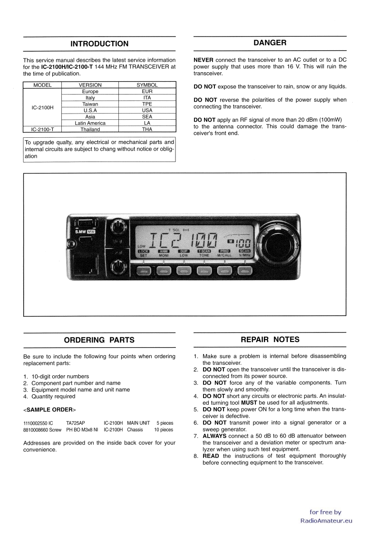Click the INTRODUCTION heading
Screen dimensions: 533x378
pyautogui.click(x=99, y=44)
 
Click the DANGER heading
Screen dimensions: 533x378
pyautogui.click(x=270, y=43)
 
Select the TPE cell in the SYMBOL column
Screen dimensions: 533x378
pyautogui.click(x=147, y=104)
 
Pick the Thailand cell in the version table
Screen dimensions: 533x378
pyautogui.click(x=90, y=129)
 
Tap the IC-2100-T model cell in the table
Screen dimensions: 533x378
pyautogui.click(x=43, y=129)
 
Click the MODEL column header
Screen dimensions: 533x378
pyautogui.click(x=42, y=85)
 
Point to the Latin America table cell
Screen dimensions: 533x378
pyautogui.click(x=90, y=123)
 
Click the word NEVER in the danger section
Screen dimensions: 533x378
pyautogui.click(x=204, y=60)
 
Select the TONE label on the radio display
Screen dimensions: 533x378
pyautogui.click(x=204, y=256)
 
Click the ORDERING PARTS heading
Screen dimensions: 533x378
pyautogui.click(x=99, y=340)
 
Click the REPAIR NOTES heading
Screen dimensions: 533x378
pyautogui.click(x=270, y=339)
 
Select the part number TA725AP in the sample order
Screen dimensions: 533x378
pyautogui.click(x=76, y=422)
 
